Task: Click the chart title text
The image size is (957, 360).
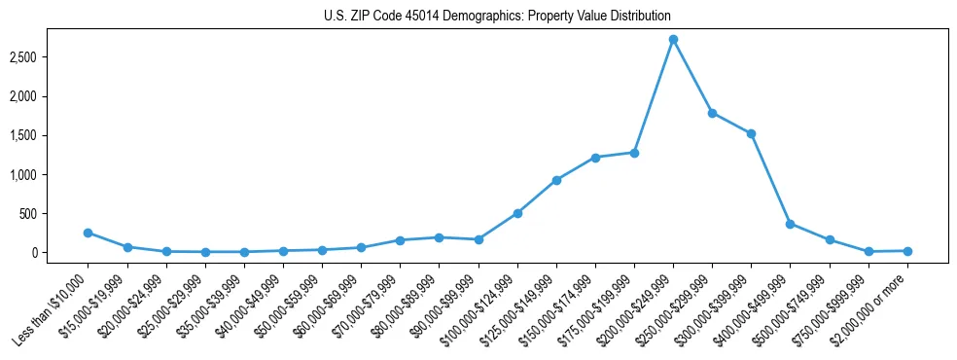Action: pyautogui.click(x=497, y=17)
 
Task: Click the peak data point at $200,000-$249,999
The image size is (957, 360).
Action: pyautogui.click(x=673, y=40)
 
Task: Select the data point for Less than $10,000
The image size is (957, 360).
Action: pyautogui.click(x=89, y=233)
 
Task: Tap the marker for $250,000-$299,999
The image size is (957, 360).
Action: pyautogui.click(x=712, y=113)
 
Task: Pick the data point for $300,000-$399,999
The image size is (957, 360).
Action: pyautogui.click(x=751, y=133)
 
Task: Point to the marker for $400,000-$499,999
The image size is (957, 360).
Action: pyautogui.click(x=790, y=224)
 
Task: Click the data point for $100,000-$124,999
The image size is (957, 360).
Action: pyautogui.click(x=517, y=213)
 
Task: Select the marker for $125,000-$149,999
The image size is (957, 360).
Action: pyautogui.click(x=556, y=180)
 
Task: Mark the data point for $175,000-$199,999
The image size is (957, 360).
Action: pyautogui.click(x=634, y=153)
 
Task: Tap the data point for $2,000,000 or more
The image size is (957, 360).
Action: pyautogui.click(x=907, y=251)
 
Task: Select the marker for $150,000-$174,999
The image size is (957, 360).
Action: pyautogui.click(x=595, y=158)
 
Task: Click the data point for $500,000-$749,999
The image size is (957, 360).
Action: pyautogui.click(x=830, y=239)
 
